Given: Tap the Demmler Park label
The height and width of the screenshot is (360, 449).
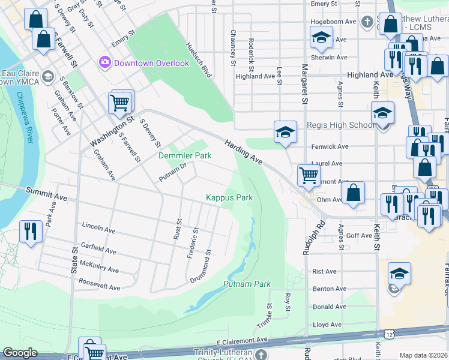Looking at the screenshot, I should pos(185,155).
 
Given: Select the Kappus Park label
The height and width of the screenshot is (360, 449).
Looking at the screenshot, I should pos(229,197).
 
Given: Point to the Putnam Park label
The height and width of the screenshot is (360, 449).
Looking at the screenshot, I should pos(247,284).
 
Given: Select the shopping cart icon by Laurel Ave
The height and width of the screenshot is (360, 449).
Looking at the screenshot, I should pos(309,175).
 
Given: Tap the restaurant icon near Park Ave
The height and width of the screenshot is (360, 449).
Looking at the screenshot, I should pos(31,231).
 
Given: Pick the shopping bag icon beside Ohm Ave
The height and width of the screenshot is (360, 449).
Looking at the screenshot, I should pos(354,193).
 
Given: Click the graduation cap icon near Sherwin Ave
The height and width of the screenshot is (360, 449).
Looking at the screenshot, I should pos(321,38).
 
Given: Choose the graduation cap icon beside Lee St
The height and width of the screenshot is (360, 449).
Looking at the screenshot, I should pos(285,131).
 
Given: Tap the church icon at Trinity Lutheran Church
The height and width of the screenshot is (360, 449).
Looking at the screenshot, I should pos(260,355).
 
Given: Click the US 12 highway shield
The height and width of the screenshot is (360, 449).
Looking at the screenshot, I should pos(390,334).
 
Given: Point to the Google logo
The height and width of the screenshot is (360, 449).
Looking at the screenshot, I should pos(20,353).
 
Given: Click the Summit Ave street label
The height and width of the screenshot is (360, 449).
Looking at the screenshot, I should pos(46,193).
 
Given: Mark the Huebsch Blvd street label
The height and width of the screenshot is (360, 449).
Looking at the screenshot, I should pos(199,60).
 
